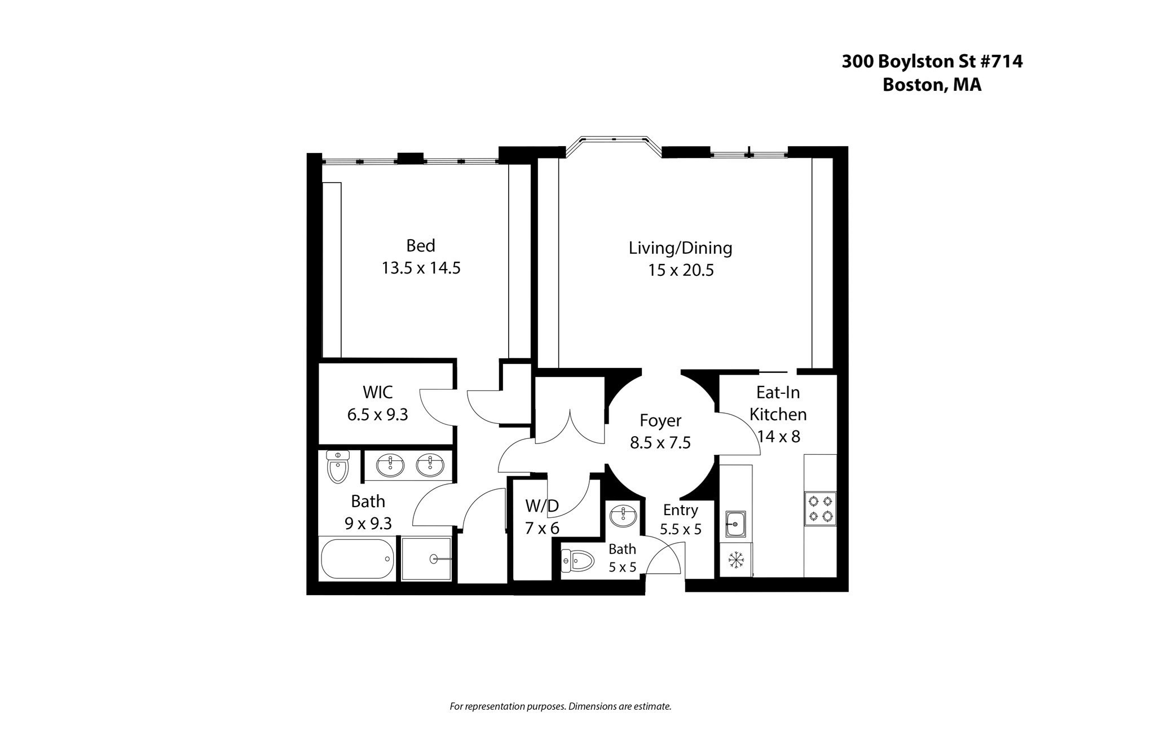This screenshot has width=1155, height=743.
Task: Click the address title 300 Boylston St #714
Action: pos(932,61)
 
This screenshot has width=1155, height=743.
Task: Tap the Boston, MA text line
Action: pos(932,85)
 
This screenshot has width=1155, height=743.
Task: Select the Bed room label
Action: pos(421,246)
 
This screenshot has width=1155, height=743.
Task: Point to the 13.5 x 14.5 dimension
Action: pos(421,268)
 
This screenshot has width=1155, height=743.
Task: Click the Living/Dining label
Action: pos(680,248)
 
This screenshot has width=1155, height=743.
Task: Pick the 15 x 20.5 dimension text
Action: pos(680,271)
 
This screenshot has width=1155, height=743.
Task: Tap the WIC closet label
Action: pos(377,392)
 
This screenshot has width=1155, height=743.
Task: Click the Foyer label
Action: pos(660,421)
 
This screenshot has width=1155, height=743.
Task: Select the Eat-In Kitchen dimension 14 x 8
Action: pos(778,437)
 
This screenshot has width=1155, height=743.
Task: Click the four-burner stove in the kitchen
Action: pos(820,509)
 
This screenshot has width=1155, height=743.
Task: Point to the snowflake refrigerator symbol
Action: pos(735,560)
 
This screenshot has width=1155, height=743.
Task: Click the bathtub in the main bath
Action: pos(358,559)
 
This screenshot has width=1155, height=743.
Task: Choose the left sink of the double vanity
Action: pos(390,466)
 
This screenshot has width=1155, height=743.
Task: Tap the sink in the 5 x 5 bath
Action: pos(623,516)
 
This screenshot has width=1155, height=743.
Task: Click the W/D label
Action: pos(541,506)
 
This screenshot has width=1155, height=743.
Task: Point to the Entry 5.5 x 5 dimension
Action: pos(680,530)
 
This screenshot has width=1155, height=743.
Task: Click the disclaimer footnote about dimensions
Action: pos(560,706)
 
